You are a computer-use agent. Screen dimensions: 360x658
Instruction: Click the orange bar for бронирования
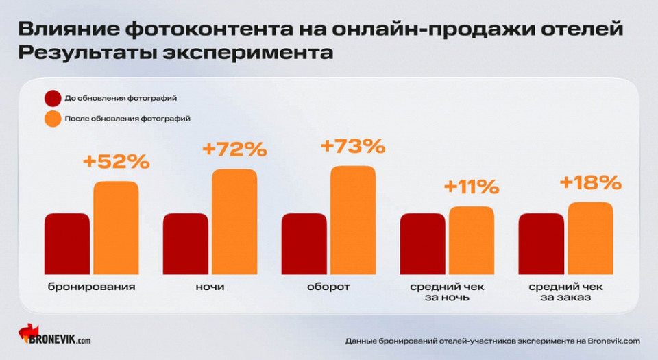[x=116, y=228]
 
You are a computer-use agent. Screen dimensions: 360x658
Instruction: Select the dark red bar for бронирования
[x=66, y=243]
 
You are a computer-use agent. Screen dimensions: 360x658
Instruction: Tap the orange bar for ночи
[x=234, y=221]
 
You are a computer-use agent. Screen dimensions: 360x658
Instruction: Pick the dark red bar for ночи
[x=185, y=243]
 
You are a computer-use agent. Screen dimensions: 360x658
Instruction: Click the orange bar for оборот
[x=353, y=220]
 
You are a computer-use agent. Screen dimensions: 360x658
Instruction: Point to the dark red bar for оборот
[x=304, y=243]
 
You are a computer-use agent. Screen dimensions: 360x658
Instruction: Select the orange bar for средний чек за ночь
[x=472, y=240]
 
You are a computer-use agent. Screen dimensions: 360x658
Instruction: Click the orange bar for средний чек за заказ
[x=590, y=238]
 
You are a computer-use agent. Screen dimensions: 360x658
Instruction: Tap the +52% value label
[x=116, y=162]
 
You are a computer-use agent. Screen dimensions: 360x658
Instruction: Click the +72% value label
[x=234, y=149]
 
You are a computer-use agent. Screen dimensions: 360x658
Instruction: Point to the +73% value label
[x=353, y=146]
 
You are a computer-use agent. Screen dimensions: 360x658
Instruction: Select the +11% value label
[x=472, y=187]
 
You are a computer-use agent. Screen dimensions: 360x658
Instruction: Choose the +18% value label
[x=590, y=182]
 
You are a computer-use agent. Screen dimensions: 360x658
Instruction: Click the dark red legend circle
[x=52, y=98]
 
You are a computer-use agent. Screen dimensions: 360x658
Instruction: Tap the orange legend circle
[x=52, y=118]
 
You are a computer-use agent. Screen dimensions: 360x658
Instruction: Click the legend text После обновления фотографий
[x=127, y=118]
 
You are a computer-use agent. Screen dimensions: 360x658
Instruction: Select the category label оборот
[x=328, y=287]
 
